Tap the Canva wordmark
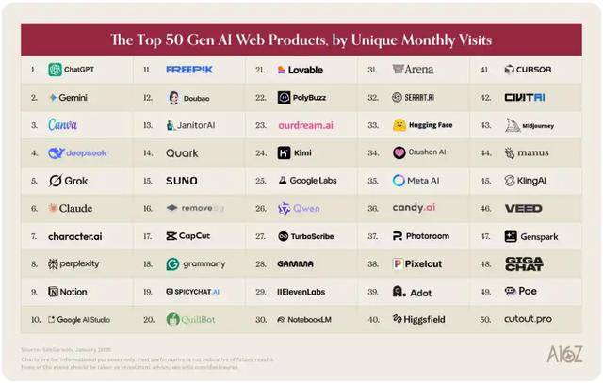pyautogui.click(x=62, y=125)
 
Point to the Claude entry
pyautogui.click(x=70, y=208)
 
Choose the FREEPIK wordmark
pyautogui.click(x=189, y=70)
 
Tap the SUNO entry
pyautogui.click(x=181, y=181)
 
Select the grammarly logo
pyautogui.click(x=196, y=263)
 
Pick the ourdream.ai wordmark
pyautogui.click(x=305, y=125)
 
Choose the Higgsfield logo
pyautogui.click(x=419, y=319)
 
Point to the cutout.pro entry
pyautogui.click(x=528, y=319)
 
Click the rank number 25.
pyautogui.click(x=260, y=181)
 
